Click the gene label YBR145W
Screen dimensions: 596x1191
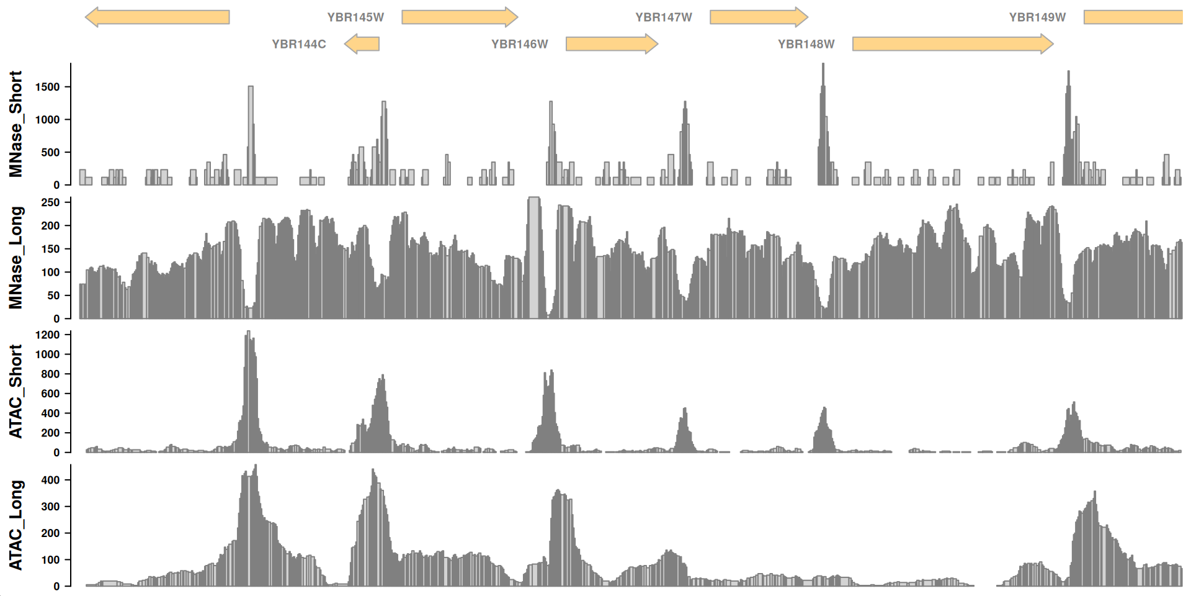[355, 17]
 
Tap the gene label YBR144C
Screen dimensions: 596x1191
[298, 44]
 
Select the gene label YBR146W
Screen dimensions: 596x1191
[519, 44]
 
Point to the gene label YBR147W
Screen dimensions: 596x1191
[663, 17]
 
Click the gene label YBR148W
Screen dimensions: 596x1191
[806, 44]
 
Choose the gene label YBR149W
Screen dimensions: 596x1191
[1037, 17]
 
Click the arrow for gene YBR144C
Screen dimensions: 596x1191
[362, 44]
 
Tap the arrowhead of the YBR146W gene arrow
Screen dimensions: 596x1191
[651, 44]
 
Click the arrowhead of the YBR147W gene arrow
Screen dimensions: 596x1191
[801, 17]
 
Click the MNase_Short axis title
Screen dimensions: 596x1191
[16, 124]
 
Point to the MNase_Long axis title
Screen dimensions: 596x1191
[16, 258]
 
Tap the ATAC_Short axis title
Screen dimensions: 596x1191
[16, 392]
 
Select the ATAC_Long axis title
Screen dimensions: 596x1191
[16, 525]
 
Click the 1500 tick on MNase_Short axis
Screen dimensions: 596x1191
[48, 87]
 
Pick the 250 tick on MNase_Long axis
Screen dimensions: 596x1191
[50, 202]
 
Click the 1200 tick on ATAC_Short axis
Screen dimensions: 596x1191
[48, 335]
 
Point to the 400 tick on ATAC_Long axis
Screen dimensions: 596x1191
[50, 480]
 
